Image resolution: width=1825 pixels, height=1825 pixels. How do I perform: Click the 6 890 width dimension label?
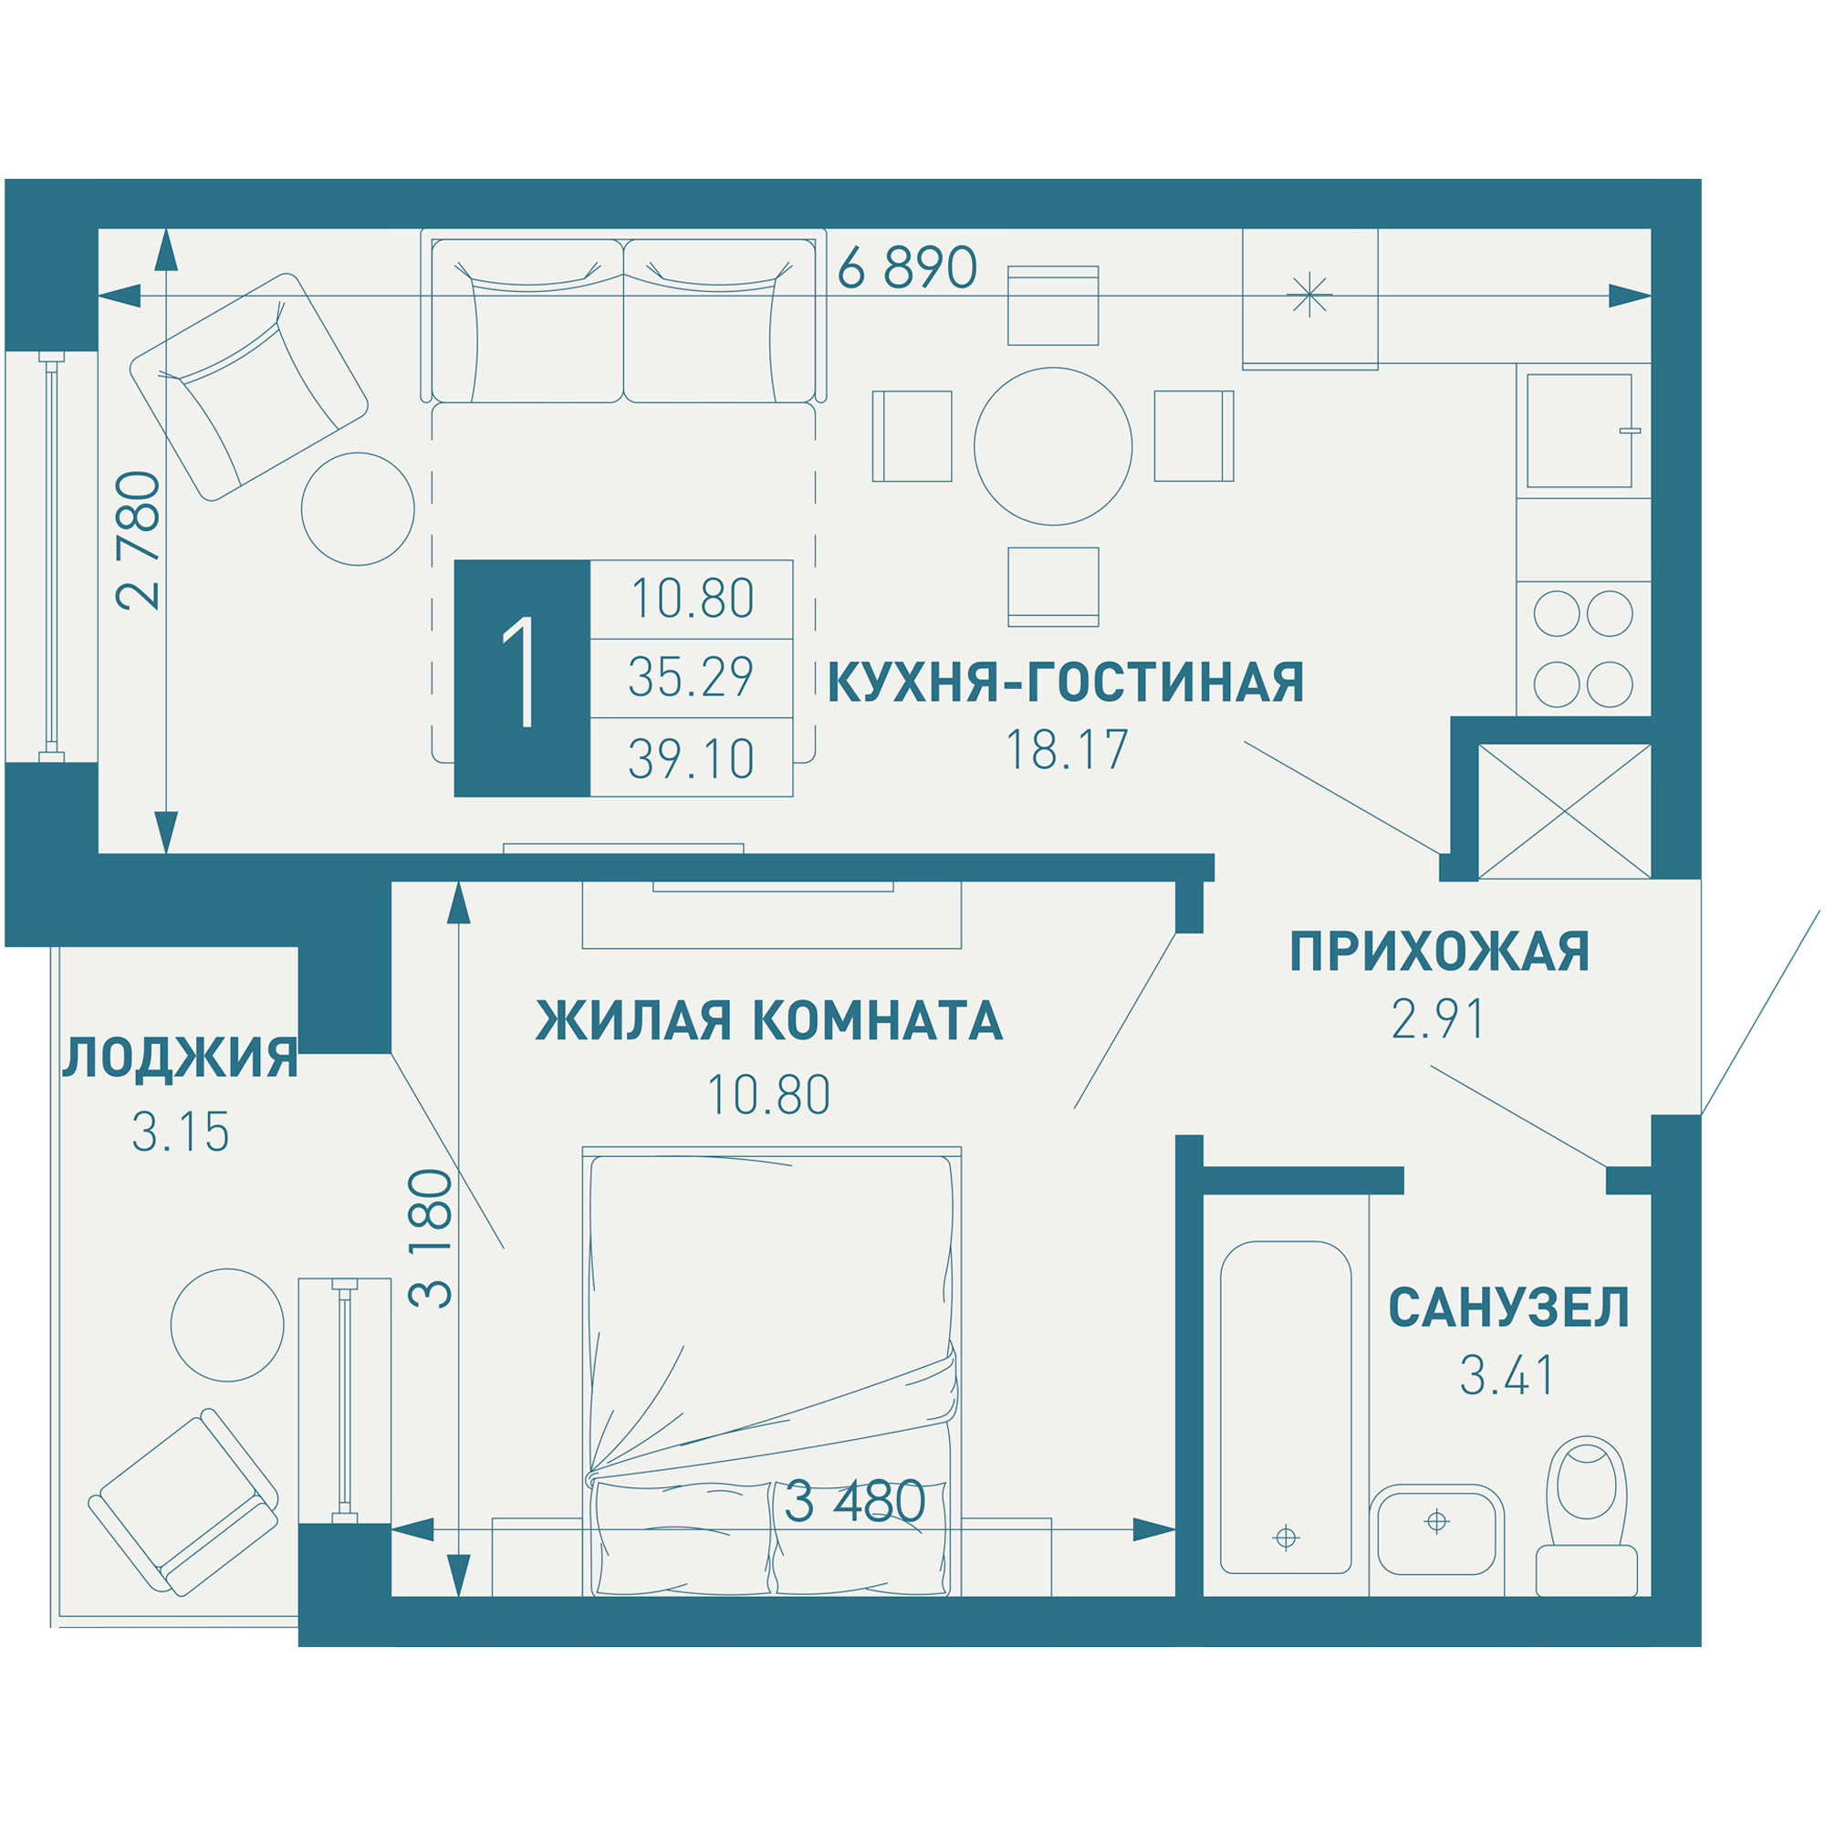click(906, 268)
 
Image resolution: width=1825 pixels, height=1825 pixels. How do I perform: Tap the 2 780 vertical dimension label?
click(139, 540)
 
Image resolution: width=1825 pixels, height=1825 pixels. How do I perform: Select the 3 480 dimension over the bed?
click(855, 1502)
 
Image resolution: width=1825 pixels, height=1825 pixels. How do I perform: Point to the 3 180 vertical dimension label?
click(431, 1238)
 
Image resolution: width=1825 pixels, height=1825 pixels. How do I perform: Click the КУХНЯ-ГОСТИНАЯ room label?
click(1066, 683)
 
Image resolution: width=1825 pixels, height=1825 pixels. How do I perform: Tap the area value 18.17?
click(1067, 751)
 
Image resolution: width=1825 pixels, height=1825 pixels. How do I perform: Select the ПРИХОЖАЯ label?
click(1440, 952)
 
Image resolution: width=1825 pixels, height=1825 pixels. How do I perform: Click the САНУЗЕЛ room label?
click(1508, 1309)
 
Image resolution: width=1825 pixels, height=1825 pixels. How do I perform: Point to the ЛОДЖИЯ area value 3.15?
click(181, 1133)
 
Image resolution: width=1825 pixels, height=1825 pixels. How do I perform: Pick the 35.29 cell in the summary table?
click(691, 677)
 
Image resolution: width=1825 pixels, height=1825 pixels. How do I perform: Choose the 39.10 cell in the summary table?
click(691, 758)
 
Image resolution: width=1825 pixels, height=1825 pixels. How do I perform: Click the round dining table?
click(1052, 446)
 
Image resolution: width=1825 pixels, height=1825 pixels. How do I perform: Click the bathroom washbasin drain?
click(1435, 1522)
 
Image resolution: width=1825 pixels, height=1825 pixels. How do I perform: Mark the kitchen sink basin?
click(1579, 431)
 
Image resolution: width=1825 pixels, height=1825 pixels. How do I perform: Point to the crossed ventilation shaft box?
click(1563, 811)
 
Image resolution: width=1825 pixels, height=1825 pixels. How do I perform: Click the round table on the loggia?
click(226, 1325)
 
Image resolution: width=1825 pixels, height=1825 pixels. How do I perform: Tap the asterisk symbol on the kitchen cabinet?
click(1309, 295)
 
